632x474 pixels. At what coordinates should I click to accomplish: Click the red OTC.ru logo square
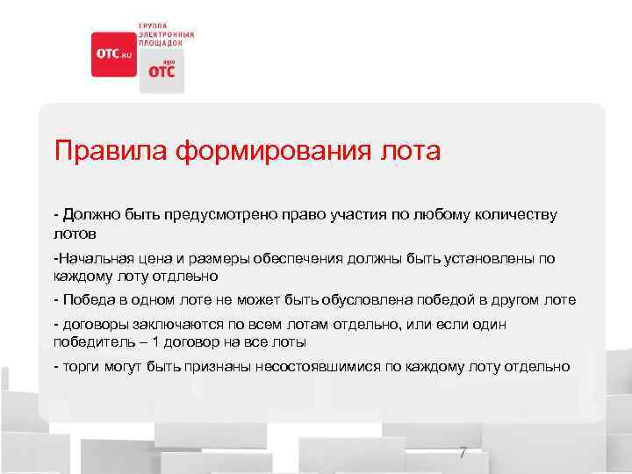pyautogui.click(x=113, y=54)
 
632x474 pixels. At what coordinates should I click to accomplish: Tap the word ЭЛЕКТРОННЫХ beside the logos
pyautogui.click(x=167, y=34)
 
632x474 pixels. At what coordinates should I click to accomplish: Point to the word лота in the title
pyautogui.click(x=413, y=150)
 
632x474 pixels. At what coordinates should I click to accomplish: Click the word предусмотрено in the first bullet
pyautogui.click(x=225, y=215)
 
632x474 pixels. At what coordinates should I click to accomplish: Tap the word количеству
pyautogui.click(x=516, y=215)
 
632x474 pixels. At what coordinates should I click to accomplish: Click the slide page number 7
pyautogui.click(x=463, y=453)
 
